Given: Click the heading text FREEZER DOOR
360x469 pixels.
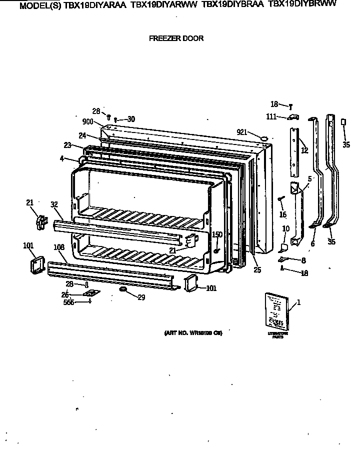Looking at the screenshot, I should tap(176, 38).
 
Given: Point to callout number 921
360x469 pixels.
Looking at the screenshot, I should tap(242, 132).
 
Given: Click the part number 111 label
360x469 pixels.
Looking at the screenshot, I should tap(272, 116).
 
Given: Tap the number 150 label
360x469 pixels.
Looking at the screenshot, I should tap(217, 234).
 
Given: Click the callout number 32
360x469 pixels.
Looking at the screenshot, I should tap(54, 204).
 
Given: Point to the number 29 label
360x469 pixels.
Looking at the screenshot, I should tap(141, 297).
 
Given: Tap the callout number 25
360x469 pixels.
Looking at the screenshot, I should tap(257, 270).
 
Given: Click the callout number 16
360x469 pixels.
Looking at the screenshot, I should tap(283, 214).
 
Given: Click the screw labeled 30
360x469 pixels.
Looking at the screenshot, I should tap(116, 120).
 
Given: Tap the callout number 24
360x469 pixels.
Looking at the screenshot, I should tap(82, 135).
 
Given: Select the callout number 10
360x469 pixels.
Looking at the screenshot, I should tap(285, 229).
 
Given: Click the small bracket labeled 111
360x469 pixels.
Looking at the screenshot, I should tap(293, 117).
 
